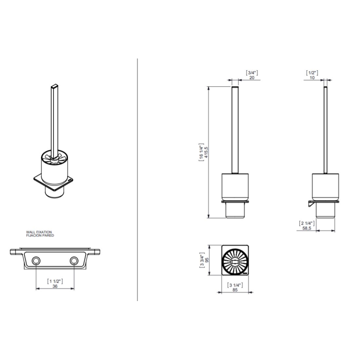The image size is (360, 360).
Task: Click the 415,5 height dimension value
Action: [x=206, y=152]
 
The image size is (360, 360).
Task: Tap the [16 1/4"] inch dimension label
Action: [x=201, y=153]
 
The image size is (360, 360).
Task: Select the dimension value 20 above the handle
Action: [x=252, y=77]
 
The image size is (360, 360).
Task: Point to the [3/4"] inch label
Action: [x=252, y=73]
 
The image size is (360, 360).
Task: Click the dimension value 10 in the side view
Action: [x=312, y=77]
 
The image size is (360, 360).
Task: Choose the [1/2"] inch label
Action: [x=312, y=73]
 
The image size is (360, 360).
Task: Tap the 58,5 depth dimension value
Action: [x=307, y=228]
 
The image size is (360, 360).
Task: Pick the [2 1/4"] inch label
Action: [x=307, y=223]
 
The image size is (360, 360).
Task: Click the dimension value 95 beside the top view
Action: [x=207, y=260]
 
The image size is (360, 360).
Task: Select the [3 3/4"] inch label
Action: [x=202, y=260]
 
